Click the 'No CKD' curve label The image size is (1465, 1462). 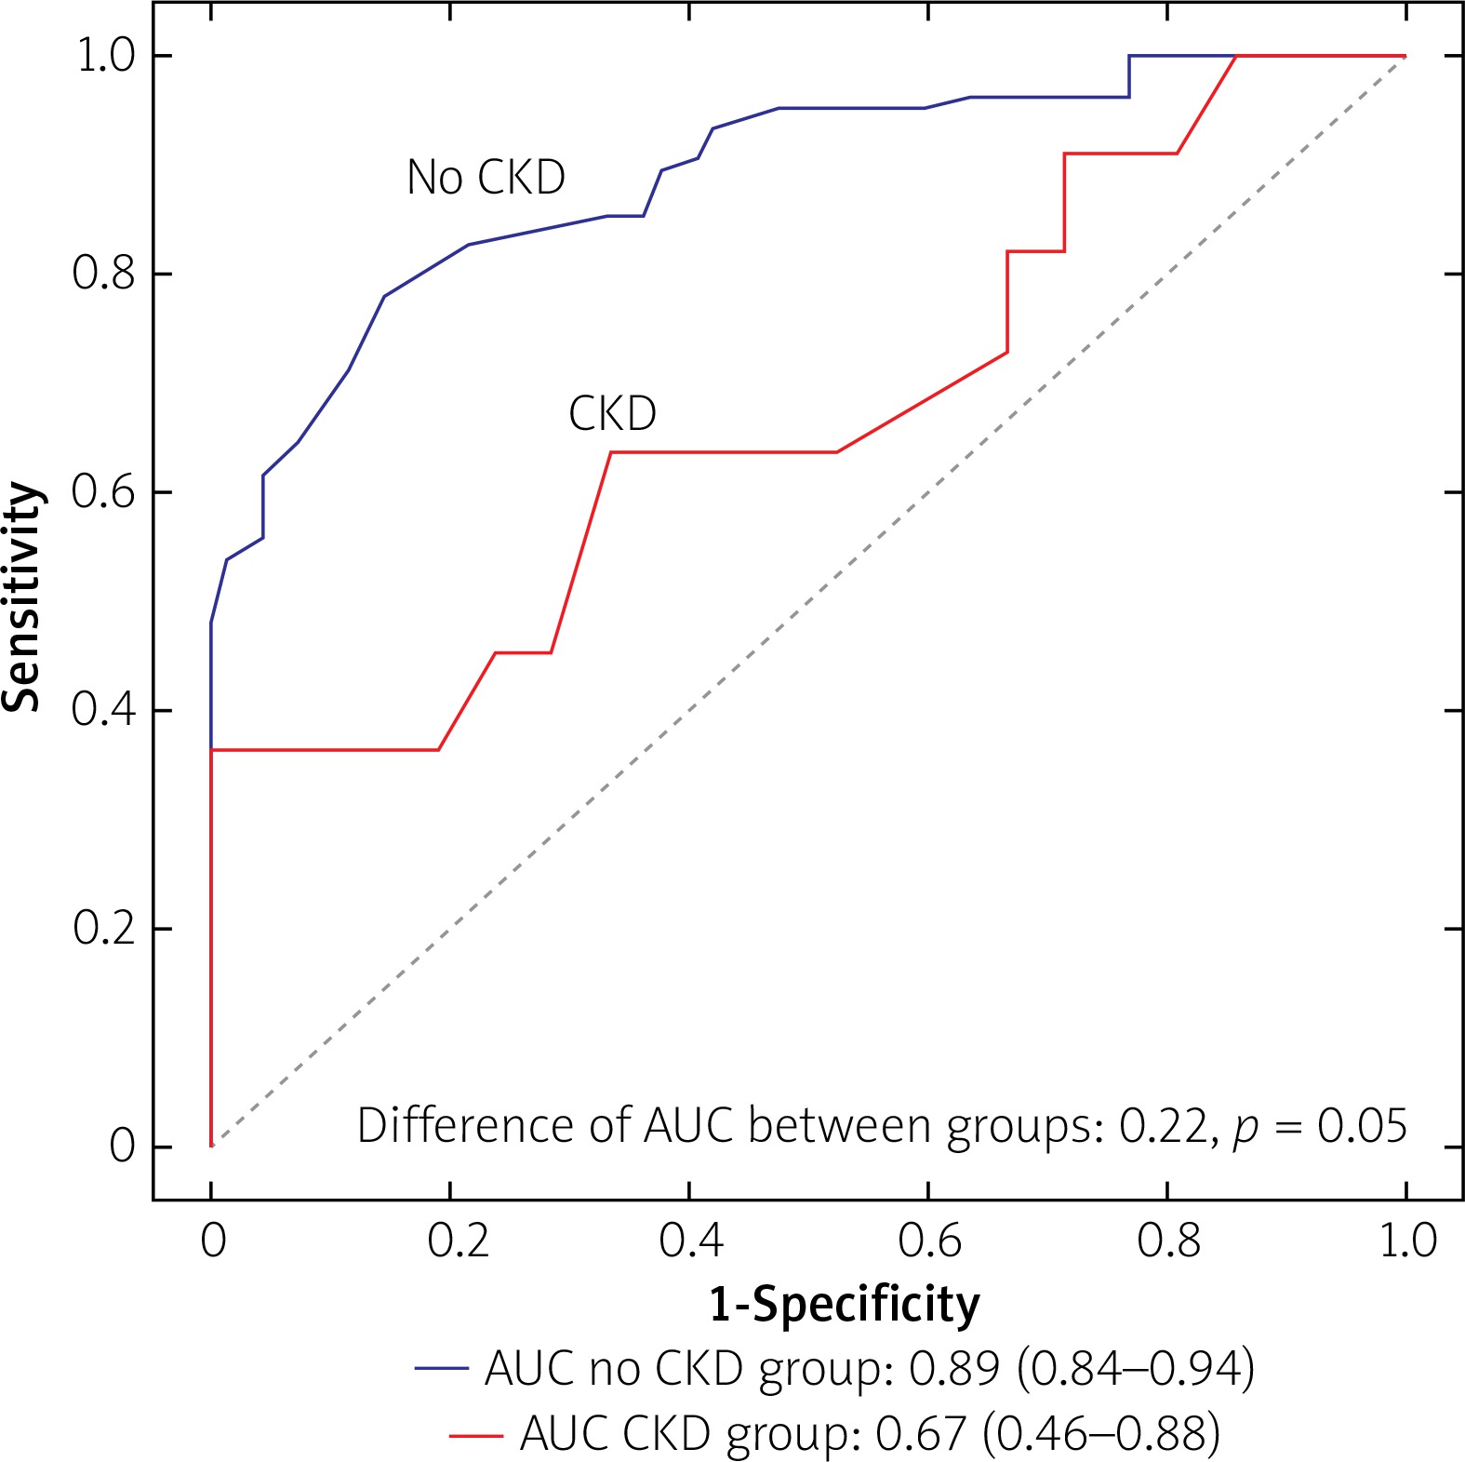486,177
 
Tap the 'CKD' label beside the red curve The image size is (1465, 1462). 612,413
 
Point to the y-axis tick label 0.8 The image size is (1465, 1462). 103,274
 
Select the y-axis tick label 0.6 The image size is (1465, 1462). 103,491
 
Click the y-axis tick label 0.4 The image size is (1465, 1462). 103,710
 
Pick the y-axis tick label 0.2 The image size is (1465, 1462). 103,928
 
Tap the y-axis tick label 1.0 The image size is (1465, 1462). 105,56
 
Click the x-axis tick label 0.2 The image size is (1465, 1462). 459,1241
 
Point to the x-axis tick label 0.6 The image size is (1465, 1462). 929,1241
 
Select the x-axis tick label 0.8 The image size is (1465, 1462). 1168,1241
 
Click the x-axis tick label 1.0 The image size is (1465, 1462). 1407,1241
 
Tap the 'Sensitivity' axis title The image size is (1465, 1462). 22,597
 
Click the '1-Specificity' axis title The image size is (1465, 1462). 844,1304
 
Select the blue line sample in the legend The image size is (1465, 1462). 441,1368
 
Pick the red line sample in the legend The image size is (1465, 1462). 475,1434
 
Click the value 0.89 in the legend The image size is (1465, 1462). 953,1368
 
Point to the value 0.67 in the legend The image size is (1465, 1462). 921,1434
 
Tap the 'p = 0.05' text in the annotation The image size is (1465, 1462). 1320,1127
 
